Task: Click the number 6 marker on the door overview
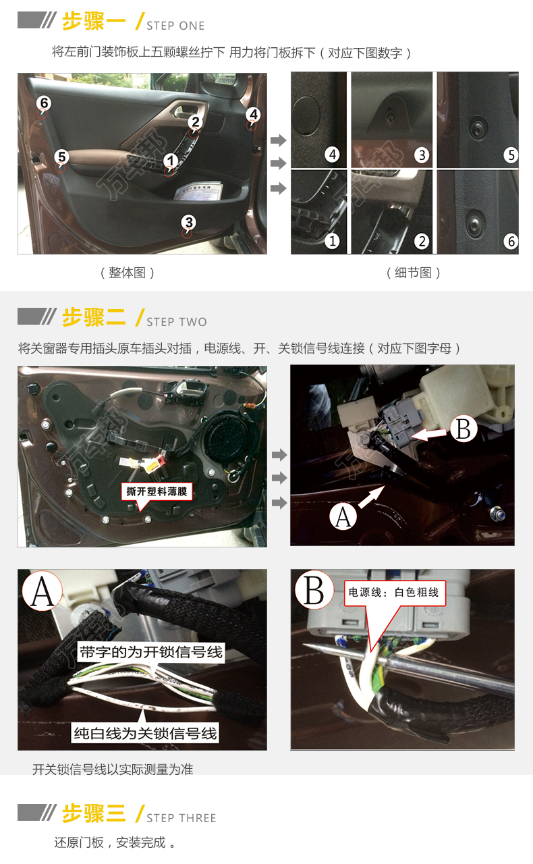click(44, 103)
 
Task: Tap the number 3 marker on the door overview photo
click(189, 222)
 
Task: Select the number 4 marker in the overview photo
click(254, 115)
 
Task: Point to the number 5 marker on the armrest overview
click(61, 157)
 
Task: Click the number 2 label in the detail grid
click(422, 242)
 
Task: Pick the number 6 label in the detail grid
click(511, 242)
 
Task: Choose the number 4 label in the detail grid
click(333, 155)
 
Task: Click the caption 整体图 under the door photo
click(128, 273)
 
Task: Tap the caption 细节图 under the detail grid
click(413, 273)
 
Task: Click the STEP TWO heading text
click(177, 322)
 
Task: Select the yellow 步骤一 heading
click(94, 21)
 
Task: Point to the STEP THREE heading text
click(181, 818)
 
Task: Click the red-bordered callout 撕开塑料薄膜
click(157, 491)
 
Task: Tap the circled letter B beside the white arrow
click(464, 429)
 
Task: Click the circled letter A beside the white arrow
click(343, 517)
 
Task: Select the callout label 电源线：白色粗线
click(394, 593)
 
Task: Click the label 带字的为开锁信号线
click(151, 652)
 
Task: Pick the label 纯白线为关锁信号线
click(146, 733)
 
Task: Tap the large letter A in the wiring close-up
click(43, 591)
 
